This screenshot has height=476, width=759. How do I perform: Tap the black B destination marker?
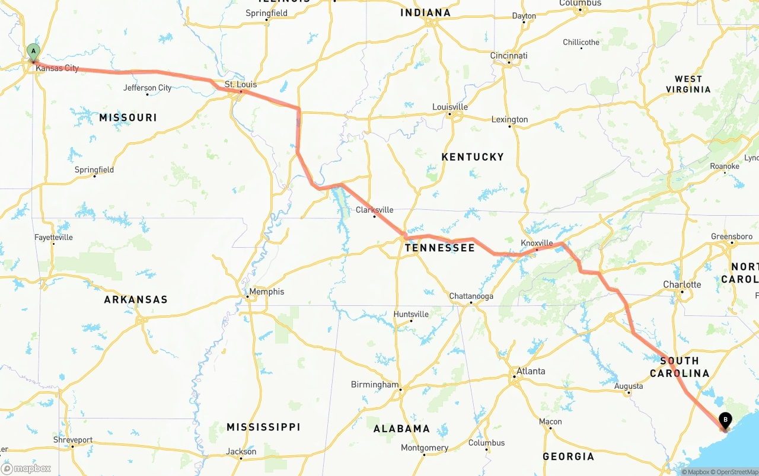point(725,420)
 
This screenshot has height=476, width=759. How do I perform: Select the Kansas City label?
point(57,68)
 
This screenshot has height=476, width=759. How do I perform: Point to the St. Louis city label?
point(241,84)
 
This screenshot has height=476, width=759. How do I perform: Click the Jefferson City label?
point(147,88)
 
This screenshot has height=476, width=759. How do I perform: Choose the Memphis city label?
point(266,292)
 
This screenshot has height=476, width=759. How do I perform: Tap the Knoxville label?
point(537,243)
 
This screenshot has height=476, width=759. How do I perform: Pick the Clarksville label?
point(374,210)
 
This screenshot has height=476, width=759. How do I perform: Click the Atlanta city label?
point(531,371)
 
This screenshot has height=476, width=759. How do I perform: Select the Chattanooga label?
point(471,296)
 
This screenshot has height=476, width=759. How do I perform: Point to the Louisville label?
point(450,107)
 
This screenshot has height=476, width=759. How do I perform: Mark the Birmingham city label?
point(375,384)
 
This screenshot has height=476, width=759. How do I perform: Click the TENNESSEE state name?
point(440,248)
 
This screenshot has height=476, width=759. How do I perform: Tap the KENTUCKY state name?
point(473,157)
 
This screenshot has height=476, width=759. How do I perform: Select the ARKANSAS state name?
point(136,299)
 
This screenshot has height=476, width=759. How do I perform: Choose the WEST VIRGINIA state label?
point(688,84)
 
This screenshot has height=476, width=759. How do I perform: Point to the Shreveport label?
point(73,440)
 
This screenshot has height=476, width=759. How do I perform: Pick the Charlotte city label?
point(682,285)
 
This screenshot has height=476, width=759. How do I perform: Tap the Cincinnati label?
point(509,56)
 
